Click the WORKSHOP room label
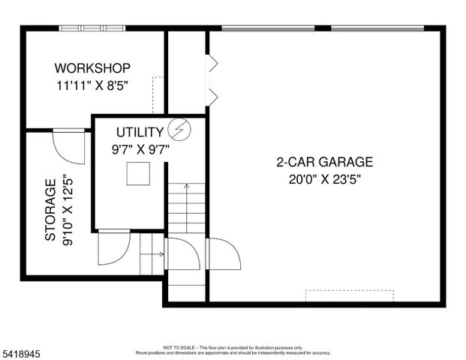pos(93,67)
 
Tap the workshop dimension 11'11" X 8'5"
pos(93,85)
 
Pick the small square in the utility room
pos(137,175)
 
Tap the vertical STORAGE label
pos(50,209)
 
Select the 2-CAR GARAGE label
pos(324,161)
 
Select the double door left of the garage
pos(212,79)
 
